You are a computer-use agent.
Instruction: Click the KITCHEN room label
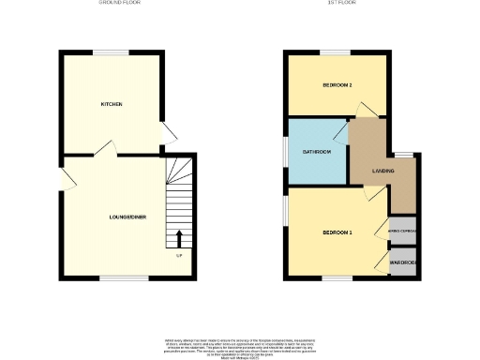coord(112,104)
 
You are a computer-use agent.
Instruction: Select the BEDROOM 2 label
coord(337,85)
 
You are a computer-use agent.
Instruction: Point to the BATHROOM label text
coord(316,152)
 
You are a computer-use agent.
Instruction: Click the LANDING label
coord(382,172)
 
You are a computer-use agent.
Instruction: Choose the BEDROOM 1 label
coord(337,232)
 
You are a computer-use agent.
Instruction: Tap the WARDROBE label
coord(402,262)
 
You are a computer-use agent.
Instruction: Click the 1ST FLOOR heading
coord(338,4)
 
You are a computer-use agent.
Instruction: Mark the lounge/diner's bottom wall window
coord(117,277)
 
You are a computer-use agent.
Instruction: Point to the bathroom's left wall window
coord(287,152)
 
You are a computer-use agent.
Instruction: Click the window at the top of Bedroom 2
coord(337,52)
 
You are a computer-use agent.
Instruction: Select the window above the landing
coord(404,154)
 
